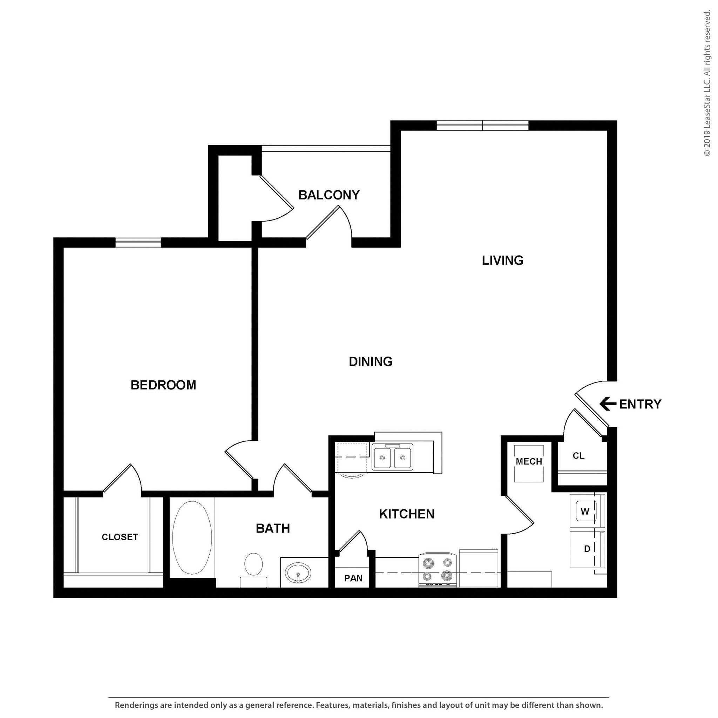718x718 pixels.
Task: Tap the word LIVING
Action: coord(502,260)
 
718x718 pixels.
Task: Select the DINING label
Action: coord(371,361)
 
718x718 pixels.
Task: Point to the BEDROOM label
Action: coord(163,385)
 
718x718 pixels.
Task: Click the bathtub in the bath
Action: coord(192,537)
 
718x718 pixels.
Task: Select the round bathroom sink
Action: coord(298,573)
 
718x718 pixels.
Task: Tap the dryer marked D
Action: coord(587,549)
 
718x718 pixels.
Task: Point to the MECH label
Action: coord(529,461)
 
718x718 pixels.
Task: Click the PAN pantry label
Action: coord(353,578)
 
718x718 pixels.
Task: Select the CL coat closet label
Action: coord(578,456)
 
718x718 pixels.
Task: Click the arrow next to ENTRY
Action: coord(608,404)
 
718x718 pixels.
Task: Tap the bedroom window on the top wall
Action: coord(138,242)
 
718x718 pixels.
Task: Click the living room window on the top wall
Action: coord(482,126)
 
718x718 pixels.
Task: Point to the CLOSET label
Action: coord(120,537)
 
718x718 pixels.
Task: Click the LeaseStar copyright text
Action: coord(707,84)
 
